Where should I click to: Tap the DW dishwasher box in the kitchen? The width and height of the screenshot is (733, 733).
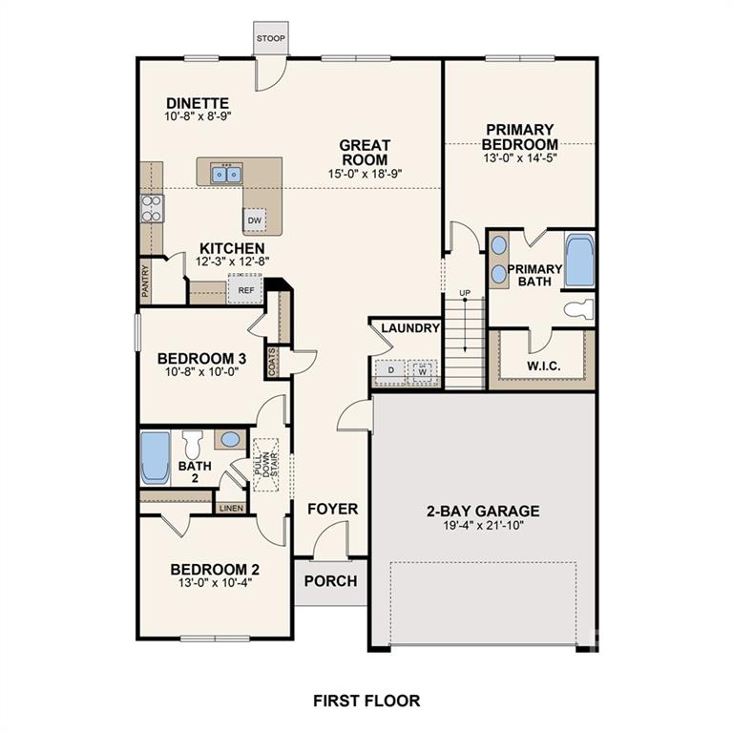254,220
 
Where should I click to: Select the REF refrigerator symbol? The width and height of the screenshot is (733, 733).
244,289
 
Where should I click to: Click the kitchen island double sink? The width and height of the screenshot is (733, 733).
227,173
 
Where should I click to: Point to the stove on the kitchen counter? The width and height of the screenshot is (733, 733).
152,208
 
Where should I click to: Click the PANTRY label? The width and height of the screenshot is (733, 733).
146,283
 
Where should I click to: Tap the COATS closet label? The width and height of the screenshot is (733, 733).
272,362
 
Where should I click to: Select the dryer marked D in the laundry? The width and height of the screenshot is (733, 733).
390,369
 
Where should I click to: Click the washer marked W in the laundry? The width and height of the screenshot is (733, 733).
422,369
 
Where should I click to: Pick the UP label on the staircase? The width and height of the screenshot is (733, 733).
465,292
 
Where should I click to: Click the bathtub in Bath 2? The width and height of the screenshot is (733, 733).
155,458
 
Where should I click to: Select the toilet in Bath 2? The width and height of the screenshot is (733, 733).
193,444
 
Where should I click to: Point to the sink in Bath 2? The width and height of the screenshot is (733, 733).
229,440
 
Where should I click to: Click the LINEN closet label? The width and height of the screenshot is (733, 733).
231,508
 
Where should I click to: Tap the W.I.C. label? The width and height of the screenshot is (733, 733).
542,366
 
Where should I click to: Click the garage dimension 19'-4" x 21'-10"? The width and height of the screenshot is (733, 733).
483,525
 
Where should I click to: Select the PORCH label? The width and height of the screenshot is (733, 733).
330,580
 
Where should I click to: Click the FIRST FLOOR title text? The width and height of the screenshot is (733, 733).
366,701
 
